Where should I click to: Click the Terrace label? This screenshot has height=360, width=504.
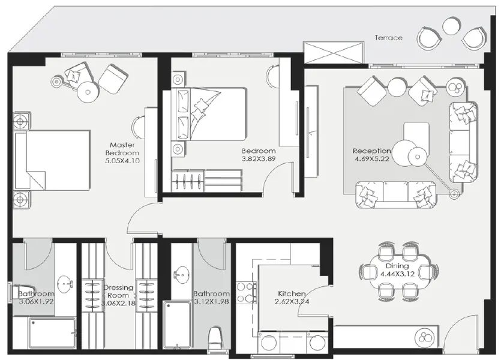[389, 37]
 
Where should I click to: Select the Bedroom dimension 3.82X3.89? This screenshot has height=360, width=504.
[259, 159]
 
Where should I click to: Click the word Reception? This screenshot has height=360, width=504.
[371, 151]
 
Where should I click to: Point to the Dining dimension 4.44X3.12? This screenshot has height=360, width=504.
[397, 274]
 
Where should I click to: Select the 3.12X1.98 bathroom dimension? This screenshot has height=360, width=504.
[211, 302]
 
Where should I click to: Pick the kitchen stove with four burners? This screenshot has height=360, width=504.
[244, 292]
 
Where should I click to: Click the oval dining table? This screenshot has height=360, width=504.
[397, 270]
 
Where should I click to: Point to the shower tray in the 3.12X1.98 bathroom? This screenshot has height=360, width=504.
[181, 324]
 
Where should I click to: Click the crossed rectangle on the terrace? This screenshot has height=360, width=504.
[333, 52]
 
